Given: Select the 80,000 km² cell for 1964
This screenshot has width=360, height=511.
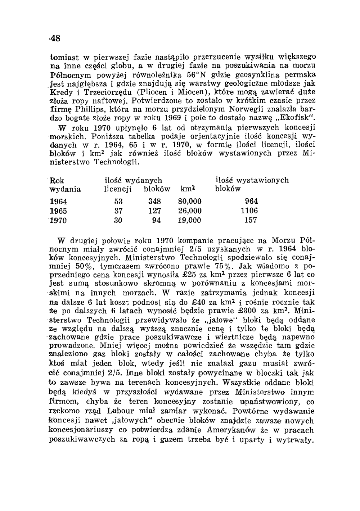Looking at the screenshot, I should point(190,201).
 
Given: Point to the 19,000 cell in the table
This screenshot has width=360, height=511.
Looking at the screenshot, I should point(190,220).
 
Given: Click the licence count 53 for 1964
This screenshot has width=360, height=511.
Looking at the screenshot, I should point(118,201).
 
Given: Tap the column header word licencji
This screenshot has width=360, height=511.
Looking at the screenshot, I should point(116,189).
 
